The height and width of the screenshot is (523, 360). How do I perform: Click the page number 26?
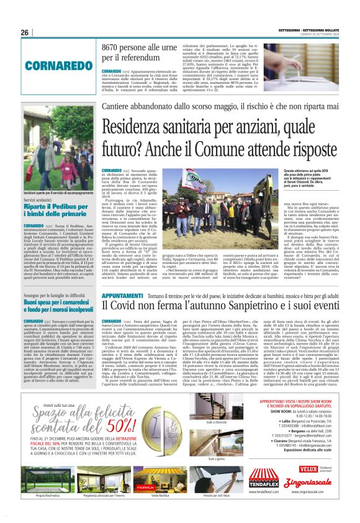(x=25, y=33)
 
